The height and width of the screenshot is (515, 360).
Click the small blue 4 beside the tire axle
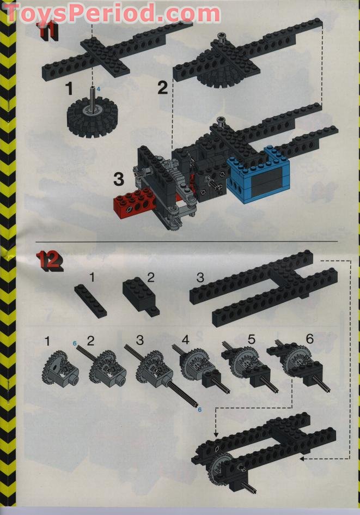(x=99, y=88)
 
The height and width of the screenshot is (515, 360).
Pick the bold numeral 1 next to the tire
(x=69, y=87)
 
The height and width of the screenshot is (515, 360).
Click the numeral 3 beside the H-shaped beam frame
(x=200, y=277)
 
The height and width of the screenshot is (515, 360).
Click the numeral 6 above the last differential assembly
(x=309, y=338)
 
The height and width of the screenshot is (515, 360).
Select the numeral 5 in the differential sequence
(x=251, y=338)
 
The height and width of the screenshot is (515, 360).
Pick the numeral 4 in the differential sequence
(x=185, y=340)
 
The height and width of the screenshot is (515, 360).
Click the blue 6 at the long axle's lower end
(x=199, y=409)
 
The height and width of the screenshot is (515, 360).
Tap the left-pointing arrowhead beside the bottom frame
(x=301, y=459)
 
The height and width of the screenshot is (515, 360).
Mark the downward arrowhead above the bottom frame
(x=216, y=433)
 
